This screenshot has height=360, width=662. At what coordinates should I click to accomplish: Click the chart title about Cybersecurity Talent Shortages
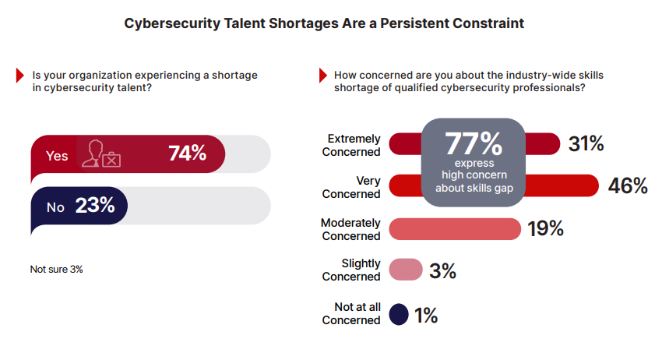tap(324, 23)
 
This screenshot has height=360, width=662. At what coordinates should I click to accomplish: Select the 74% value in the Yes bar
tap(188, 154)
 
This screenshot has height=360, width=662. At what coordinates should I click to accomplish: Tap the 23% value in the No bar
tap(95, 206)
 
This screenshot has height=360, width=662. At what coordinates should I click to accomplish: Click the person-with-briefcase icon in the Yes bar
tap(103, 154)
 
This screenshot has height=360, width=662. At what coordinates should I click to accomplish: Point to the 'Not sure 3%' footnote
tap(56, 269)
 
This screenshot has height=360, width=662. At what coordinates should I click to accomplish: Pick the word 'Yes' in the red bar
tap(57, 156)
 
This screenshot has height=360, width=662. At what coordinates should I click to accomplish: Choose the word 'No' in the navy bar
tap(55, 207)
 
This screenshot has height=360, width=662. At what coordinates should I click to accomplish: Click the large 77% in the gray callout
tap(473, 144)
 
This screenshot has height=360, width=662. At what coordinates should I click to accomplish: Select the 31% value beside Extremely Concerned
tap(585, 144)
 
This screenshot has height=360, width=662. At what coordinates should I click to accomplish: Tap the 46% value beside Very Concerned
tap(629, 186)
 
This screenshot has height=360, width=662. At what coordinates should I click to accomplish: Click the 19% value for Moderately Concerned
tap(544, 228)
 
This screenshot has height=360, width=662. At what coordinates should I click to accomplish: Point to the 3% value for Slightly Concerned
tap(442, 270)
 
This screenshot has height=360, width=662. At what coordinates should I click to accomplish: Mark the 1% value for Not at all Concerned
tap(426, 315)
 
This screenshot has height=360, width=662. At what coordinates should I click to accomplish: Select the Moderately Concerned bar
tap(454, 229)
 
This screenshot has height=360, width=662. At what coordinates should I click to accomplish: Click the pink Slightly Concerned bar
tap(405, 270)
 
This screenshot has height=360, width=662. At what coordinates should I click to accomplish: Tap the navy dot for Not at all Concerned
tap(399, 314)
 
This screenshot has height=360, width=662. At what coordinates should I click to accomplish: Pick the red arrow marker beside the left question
tap(20, 76)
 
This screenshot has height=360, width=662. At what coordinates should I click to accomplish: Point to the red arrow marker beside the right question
tap(322, 76)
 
